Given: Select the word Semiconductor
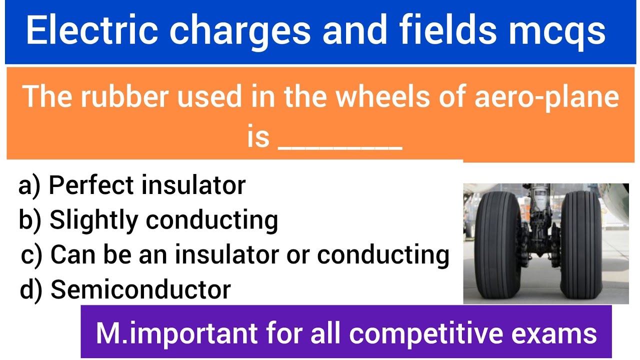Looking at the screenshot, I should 141,289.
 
